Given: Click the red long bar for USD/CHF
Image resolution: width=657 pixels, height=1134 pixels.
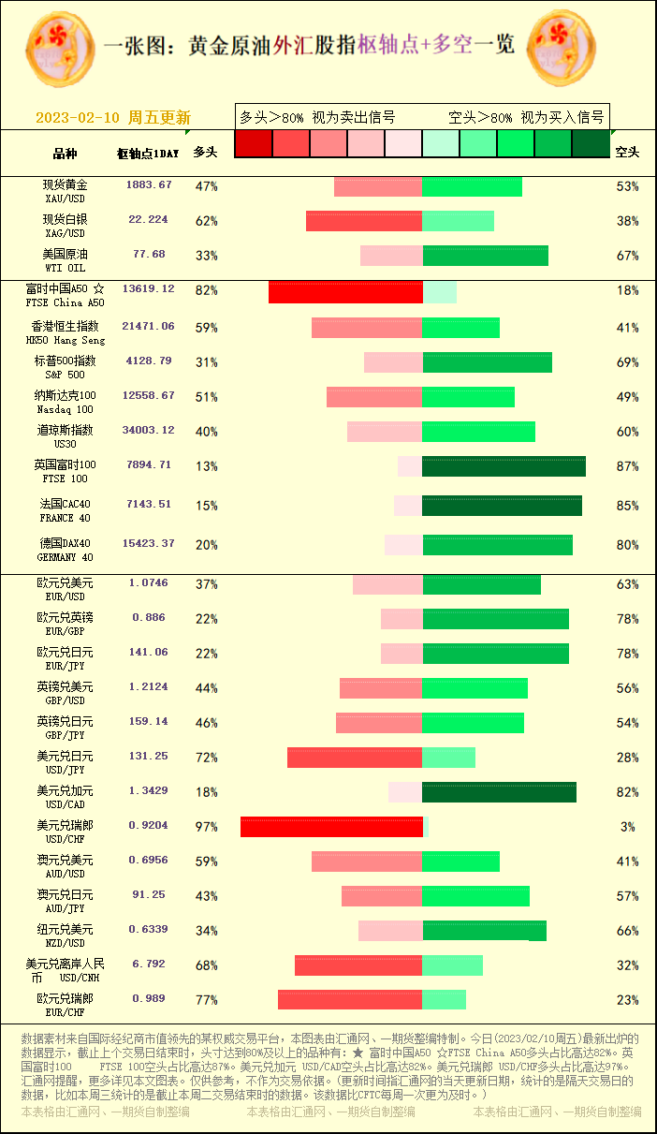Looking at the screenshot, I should [331, 827].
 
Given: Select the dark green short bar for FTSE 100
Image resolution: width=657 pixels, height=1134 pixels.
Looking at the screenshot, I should [504, 466].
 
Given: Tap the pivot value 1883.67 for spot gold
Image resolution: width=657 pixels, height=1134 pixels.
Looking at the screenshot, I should [149, 185].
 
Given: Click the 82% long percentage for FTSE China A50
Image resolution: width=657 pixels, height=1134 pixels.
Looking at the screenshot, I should [206, 290].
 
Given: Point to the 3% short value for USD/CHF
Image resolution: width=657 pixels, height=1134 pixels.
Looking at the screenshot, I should [627, 827].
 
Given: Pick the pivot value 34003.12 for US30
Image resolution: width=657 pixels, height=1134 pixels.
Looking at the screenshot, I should [148, 431].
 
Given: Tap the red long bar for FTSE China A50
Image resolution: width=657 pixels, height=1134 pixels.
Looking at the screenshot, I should [345, 291].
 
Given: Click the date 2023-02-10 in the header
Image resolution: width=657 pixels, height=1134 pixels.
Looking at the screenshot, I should [78, 118].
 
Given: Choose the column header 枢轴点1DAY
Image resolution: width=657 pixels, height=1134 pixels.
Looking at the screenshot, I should [147, 153].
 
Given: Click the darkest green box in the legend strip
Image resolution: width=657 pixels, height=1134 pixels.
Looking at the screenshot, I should [591, 143].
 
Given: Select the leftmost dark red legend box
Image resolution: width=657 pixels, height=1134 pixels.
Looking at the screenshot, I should [254, 143].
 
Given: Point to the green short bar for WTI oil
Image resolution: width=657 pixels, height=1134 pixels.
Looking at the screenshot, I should [485, 256].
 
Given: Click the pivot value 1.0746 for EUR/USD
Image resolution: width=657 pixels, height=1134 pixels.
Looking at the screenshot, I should [149, 582].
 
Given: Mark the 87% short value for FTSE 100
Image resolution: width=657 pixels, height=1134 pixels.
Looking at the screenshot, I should [627, 466].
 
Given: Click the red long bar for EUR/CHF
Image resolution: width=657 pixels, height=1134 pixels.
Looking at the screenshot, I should [350, 999].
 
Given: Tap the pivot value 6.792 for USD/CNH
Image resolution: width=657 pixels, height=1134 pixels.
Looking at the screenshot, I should [149, 964].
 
